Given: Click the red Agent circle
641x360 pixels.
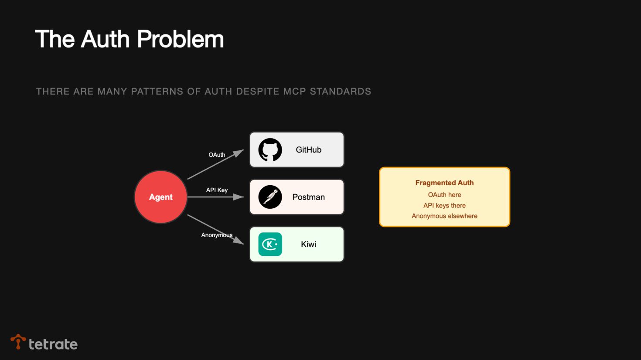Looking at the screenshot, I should pos(161,197).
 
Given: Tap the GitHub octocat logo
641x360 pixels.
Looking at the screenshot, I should pos(270,150).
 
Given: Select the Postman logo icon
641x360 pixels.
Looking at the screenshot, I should pos(270,197).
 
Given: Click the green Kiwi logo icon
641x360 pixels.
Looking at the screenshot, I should pos(270,244).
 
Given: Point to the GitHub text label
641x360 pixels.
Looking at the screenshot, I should pos(308,150).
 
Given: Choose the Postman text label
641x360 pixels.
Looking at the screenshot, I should pos(308,197).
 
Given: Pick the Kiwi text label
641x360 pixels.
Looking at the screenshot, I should pos(308,244).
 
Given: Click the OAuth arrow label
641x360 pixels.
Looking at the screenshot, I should pos(217,155).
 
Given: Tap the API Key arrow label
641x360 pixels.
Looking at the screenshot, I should pos(217,190).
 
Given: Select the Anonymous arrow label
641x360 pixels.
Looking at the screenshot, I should pos(217,235).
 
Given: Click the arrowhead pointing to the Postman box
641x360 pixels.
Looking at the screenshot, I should pos(239,197).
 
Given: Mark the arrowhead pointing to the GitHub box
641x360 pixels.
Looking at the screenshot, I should pos(239,153).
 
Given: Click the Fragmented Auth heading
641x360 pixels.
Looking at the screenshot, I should pos(444,183).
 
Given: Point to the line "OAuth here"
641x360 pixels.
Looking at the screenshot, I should pos(444,195).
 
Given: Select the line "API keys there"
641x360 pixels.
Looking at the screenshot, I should pos(444,205).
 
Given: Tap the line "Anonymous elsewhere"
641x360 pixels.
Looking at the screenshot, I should pos(444,216).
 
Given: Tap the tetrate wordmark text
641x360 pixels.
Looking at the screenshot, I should pos(53,344).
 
